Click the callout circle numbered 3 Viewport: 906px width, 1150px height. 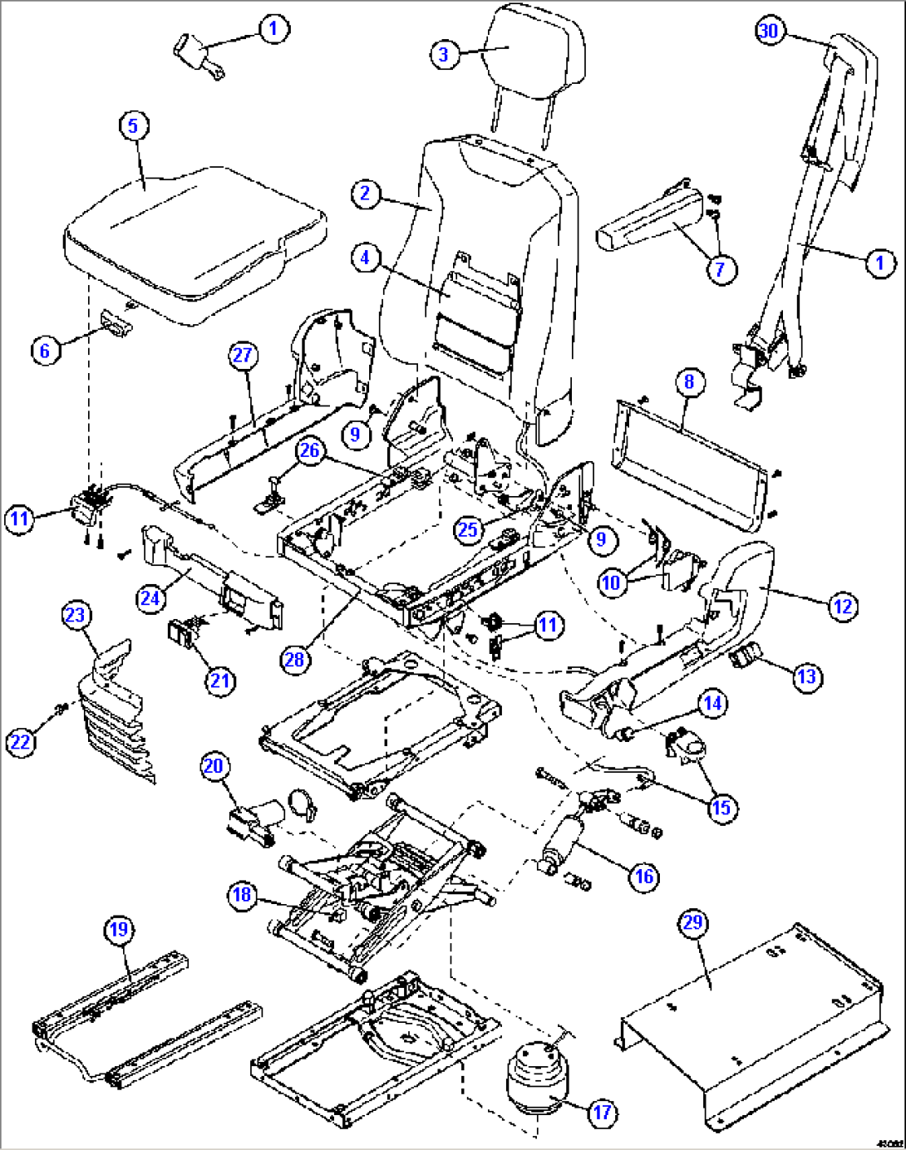point(444,54)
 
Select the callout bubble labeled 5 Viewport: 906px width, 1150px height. point(133,126)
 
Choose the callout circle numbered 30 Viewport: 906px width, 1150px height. point(770,32)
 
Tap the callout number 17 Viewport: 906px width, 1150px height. point(602,1113)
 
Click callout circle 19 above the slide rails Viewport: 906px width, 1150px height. point(119,929)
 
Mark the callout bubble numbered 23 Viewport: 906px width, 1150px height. point(75,616)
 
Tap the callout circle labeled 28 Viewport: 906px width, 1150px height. point(295,660)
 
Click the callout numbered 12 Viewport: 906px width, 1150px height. point(843,607)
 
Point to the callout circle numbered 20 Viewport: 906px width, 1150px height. point(214,765)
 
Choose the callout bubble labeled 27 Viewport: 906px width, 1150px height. point(242,356)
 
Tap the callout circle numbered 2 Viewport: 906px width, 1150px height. point(365,194)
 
